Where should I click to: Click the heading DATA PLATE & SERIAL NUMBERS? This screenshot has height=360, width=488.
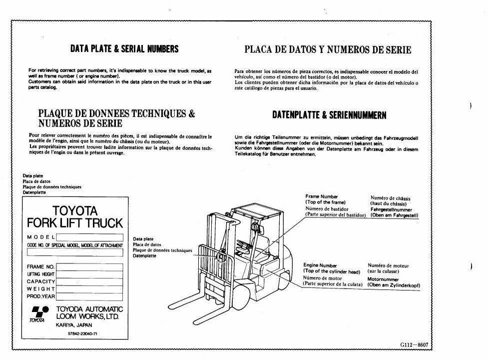124,49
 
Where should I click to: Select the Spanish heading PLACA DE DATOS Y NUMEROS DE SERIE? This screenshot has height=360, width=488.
328,50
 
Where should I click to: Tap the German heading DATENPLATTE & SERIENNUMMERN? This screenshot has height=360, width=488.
329,115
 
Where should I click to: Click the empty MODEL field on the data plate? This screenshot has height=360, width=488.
89,237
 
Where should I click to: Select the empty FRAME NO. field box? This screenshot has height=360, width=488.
89,267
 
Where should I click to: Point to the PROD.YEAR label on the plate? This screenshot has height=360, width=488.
41,296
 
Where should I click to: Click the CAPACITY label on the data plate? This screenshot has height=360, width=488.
41,281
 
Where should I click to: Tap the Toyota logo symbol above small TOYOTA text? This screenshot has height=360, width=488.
40,311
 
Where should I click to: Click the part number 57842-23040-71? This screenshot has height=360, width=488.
83,333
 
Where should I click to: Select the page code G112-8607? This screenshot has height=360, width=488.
414,344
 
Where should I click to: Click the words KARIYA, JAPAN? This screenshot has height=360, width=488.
74,325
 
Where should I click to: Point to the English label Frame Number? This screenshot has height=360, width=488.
322,196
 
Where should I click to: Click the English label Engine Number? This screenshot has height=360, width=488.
320,265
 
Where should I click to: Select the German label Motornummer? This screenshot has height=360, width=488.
383,279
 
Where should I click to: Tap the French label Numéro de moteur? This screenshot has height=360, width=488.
388,265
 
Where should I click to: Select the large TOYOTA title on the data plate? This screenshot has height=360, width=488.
75,211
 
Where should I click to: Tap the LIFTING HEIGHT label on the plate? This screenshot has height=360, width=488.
41,274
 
